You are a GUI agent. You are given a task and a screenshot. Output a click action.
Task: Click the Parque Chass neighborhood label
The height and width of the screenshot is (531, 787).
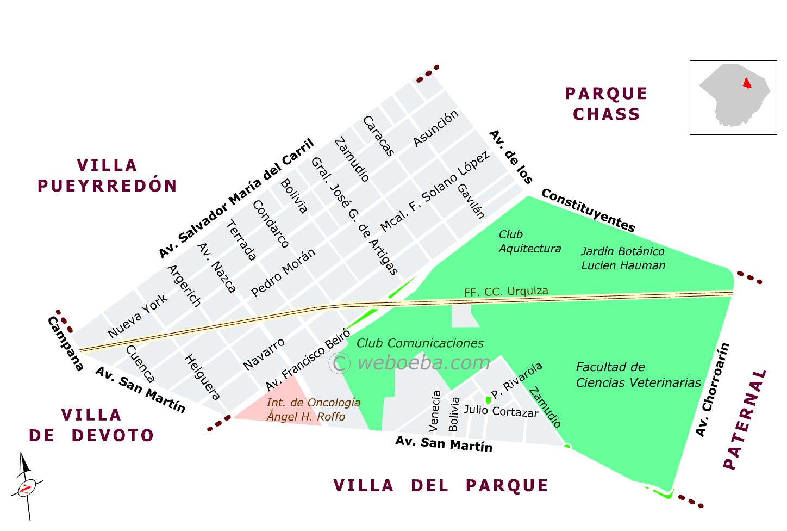pos(606,104)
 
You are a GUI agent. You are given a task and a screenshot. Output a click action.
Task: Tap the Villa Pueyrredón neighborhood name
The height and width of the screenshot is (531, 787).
pos(107,175)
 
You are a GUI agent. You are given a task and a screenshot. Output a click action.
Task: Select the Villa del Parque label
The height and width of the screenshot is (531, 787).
pos(441,485)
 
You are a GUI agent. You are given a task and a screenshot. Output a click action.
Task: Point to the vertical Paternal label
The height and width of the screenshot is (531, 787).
pos(745,419)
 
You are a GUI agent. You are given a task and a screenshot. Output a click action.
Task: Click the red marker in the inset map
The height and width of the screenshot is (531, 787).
pos(747,83)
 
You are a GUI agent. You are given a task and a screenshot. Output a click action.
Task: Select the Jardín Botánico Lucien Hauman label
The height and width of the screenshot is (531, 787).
pos(623,258)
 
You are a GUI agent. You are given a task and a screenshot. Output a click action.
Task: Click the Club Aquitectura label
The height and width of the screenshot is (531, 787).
pos(529,242)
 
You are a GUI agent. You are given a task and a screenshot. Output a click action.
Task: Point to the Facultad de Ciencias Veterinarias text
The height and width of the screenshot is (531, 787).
pos(638,375)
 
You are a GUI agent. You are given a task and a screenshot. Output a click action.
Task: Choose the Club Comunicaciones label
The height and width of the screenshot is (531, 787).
pos(420,343)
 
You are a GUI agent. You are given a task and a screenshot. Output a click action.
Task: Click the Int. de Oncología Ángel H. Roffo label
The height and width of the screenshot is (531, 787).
pos(313,410)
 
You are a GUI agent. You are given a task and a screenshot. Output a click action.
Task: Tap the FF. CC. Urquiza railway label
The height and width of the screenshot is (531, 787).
pos(505,292)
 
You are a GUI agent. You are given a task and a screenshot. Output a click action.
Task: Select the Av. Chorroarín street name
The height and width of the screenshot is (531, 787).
pos(712,390)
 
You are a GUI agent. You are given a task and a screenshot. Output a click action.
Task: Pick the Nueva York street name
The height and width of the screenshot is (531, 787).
pos(138,317)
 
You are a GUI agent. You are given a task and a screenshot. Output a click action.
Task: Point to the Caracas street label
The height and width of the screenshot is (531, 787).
pos(378,136)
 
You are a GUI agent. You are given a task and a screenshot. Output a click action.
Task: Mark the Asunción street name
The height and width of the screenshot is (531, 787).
pos(435,128)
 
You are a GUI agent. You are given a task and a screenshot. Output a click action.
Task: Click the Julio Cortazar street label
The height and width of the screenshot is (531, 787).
pos(501,411)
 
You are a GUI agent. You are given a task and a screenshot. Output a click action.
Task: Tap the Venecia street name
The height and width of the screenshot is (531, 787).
pos(435,411)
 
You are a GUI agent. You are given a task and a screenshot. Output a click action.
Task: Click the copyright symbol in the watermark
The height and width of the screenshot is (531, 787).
pos(339,363)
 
